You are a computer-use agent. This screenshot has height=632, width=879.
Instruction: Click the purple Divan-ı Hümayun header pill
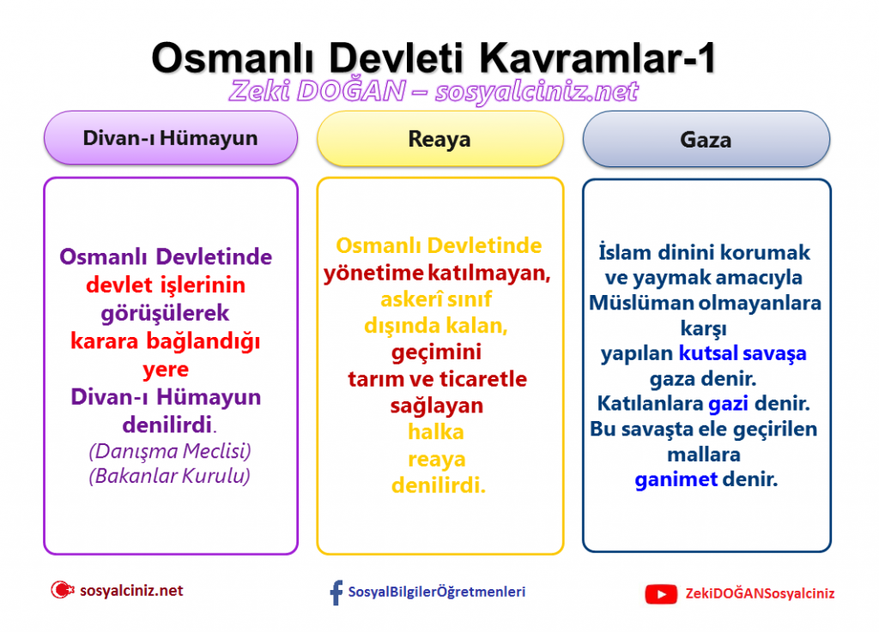(171, 138)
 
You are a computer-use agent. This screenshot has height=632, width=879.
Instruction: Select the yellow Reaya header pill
(440, 139)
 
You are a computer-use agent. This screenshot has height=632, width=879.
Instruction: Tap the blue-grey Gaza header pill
(706, 140)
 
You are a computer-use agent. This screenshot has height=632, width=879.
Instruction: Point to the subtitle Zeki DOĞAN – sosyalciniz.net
(433, 91)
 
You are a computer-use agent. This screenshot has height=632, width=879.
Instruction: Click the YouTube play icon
(661, 594)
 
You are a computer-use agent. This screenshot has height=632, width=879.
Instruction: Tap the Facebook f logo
(336, 593)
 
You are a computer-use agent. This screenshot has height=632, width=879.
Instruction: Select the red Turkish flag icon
(62, 590)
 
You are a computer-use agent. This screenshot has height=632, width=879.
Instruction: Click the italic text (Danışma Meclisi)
(170, 451)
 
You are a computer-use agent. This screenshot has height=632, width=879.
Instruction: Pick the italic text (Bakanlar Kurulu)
(169, 477)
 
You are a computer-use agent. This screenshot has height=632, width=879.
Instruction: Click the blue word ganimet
(676, 479)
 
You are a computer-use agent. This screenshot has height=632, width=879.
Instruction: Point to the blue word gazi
(728, 404)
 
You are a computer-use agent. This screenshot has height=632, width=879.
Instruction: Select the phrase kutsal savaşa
(743, 354)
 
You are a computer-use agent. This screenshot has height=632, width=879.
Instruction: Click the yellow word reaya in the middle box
(437, 459)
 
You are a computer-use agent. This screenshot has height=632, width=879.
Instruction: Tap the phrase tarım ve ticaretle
(437, 379)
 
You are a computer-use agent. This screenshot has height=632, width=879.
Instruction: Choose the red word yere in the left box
(166, 370)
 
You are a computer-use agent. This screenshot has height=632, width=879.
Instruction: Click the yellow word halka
(436, 432)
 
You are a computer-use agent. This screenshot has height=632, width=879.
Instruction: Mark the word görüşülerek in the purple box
(165, 314)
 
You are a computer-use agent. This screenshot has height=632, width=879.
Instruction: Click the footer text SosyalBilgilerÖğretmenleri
(437, 593)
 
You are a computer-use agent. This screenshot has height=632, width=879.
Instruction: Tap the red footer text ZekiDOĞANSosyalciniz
(760, 594)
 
